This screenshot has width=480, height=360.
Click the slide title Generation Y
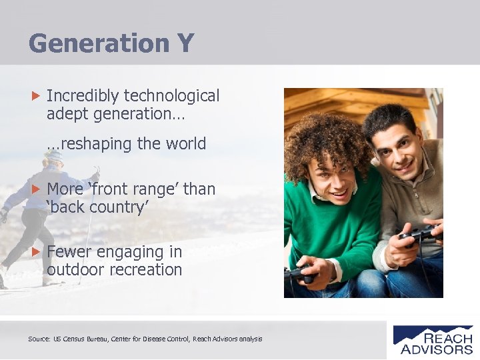coord(111,43)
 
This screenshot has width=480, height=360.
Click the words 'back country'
coord(97,207)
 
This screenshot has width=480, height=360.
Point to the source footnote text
coord(145,339)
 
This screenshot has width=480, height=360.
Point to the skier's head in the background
coord(53,159)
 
